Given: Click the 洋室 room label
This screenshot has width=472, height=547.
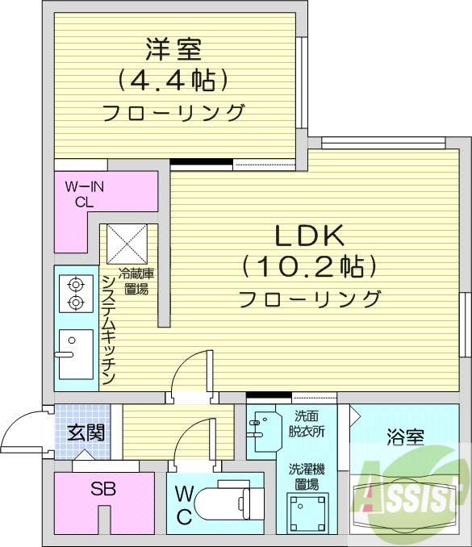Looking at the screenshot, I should coord(173,49).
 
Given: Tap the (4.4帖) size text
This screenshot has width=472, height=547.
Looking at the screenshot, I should coord(173,80).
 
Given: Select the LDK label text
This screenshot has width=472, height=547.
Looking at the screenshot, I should coord(310,236).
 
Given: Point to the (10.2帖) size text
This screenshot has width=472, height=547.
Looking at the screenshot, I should coord(310,266).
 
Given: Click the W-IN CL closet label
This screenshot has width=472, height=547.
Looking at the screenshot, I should coord(85,194).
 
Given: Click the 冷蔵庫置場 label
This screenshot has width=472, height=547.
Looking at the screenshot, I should coord(135,281).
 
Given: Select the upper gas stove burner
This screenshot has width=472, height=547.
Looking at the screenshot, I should coord(76,284).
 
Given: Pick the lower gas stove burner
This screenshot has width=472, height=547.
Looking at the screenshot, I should coord(76,303).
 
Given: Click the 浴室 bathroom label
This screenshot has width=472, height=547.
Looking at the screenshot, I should coord(406,438).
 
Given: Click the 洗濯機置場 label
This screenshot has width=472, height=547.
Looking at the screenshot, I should coord(307,475).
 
